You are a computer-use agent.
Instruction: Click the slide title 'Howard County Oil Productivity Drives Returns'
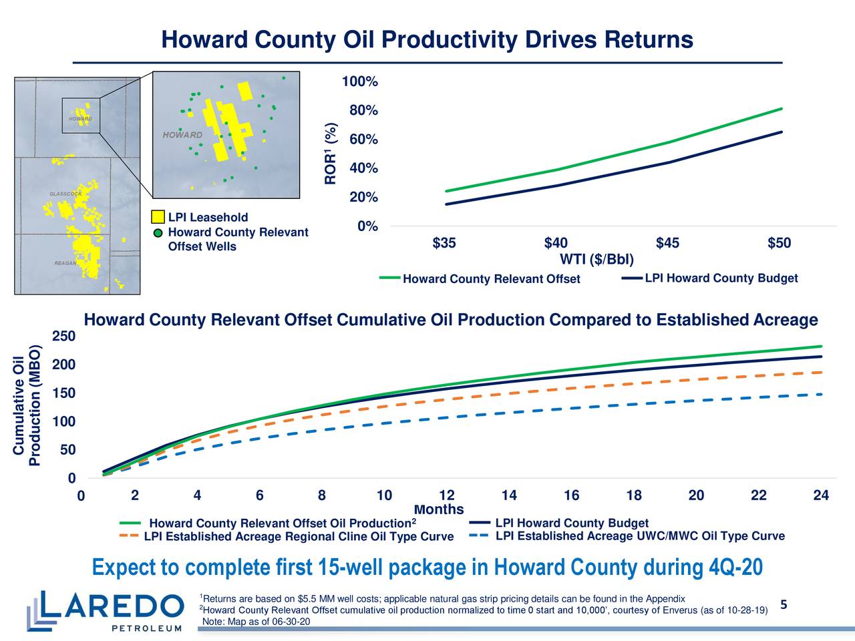click(x=427, y=40)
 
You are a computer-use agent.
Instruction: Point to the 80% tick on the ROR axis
click(x=363, y=111)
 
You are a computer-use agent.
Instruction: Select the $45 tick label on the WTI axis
click(x=667, y=243)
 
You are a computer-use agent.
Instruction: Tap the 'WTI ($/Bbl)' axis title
click(x=596, y=259)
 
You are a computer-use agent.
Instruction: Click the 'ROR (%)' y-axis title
click(x=331, y=154)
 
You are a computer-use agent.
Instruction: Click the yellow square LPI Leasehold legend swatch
click(x=158, y=218)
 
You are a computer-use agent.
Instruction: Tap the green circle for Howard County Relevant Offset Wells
click(x=158, y=233)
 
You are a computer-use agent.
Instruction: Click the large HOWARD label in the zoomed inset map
click(x=182, y=135)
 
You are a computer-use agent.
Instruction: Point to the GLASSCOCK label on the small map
click(x=65, y=194)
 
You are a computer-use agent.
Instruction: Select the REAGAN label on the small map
click(x=65, y=263)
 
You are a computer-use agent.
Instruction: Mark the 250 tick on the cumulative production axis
click(x=65, y=335)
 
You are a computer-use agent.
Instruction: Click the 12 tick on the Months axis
click(x=446, y=495)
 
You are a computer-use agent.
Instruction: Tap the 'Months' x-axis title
click(x=439, y=509)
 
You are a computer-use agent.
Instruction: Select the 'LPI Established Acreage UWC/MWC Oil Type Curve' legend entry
click(x=639, y=536)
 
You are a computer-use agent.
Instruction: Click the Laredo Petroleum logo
click(x=106, y=610)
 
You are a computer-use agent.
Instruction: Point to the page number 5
click(x=784, y=605)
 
